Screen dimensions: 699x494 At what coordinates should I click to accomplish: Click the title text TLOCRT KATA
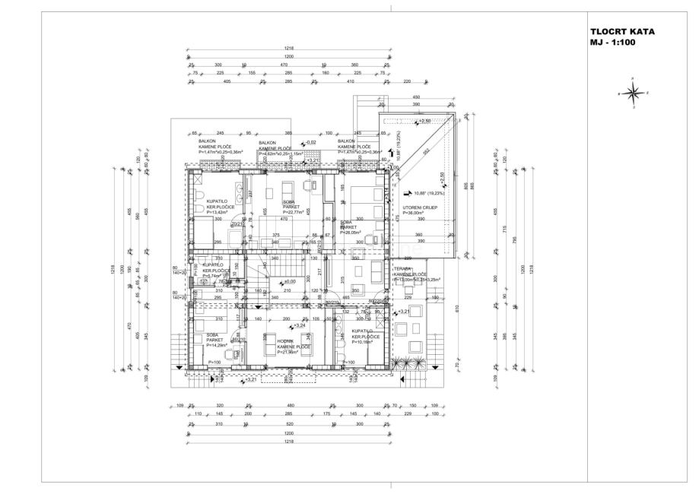[x=622, y=32]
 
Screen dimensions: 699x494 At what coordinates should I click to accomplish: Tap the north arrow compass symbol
[x=631, y=93]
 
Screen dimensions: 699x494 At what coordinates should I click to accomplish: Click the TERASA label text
[x=402, y=269]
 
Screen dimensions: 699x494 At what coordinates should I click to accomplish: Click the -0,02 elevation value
[x=310, y=142]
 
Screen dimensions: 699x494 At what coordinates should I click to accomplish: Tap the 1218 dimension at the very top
[x=289, y=48]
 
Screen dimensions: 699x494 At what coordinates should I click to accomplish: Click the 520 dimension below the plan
[x=289, y=423]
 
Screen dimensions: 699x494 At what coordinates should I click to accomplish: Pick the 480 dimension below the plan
[x=289, y=406]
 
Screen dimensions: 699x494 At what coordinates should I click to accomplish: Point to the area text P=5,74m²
[x=217, y=277]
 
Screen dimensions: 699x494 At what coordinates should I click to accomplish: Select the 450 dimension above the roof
[x=416, y=97]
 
